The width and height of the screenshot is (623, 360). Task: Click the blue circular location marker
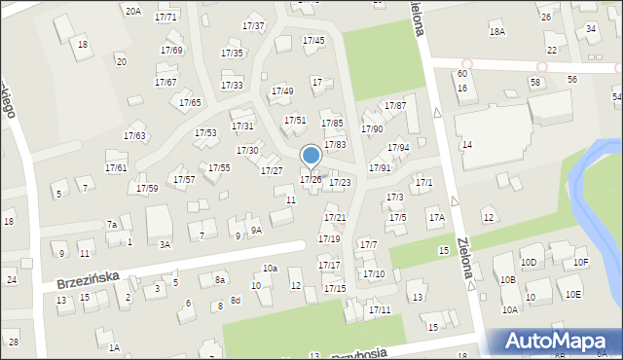[311, 155]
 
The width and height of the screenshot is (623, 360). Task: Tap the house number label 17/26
[311, 180]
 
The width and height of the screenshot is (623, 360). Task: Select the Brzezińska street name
[88, 279]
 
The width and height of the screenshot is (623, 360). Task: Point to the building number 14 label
[467, 144]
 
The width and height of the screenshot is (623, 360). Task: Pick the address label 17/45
[313, 41]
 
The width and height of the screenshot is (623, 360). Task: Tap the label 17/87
[395, 105]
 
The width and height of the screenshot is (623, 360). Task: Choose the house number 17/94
[398, 148]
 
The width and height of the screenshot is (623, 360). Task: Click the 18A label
[496, 32]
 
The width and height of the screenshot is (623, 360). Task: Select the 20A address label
[132, 11]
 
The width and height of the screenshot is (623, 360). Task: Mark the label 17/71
[166, 18]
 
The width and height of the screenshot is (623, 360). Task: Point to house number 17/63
[134, 136]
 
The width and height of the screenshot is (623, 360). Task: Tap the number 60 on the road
[462, 74]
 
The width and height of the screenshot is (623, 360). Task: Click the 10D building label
[530, 263]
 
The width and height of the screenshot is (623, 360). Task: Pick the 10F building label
[581, 263]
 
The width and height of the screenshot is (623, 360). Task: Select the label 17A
[437, 219]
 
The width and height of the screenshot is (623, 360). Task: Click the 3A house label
[165, 244]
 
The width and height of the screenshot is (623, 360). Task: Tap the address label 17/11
[380, 309]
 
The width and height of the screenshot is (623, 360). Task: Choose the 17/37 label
[253, 25]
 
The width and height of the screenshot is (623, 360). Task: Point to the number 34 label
[592, 29]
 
